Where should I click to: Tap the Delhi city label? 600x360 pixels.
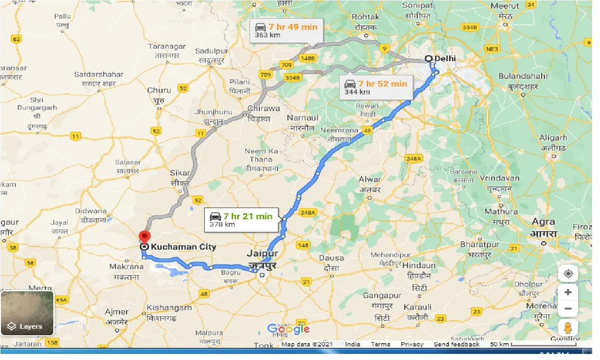click(x=445, y=58)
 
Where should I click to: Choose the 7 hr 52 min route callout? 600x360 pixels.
click(x=376, y=87)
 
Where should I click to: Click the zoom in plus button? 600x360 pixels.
click(x=568, y=292)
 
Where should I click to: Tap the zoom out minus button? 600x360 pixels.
click(x=568, y=309)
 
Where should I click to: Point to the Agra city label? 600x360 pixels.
click(x=543, y=222)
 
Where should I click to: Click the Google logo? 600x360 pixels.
click(x=288, y=329)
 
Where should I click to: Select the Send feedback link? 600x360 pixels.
click(x=456, y=345)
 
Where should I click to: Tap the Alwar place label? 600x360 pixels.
click(x=370, y=179)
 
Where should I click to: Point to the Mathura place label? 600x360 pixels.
click(x=501, y=212)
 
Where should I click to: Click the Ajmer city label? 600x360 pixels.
click(x=117, y=312)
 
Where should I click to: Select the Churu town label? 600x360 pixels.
click(x=159, y=90)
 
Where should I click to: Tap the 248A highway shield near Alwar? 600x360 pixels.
click(x=414, y=159)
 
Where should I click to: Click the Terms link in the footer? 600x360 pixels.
click(x=380, y=345)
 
